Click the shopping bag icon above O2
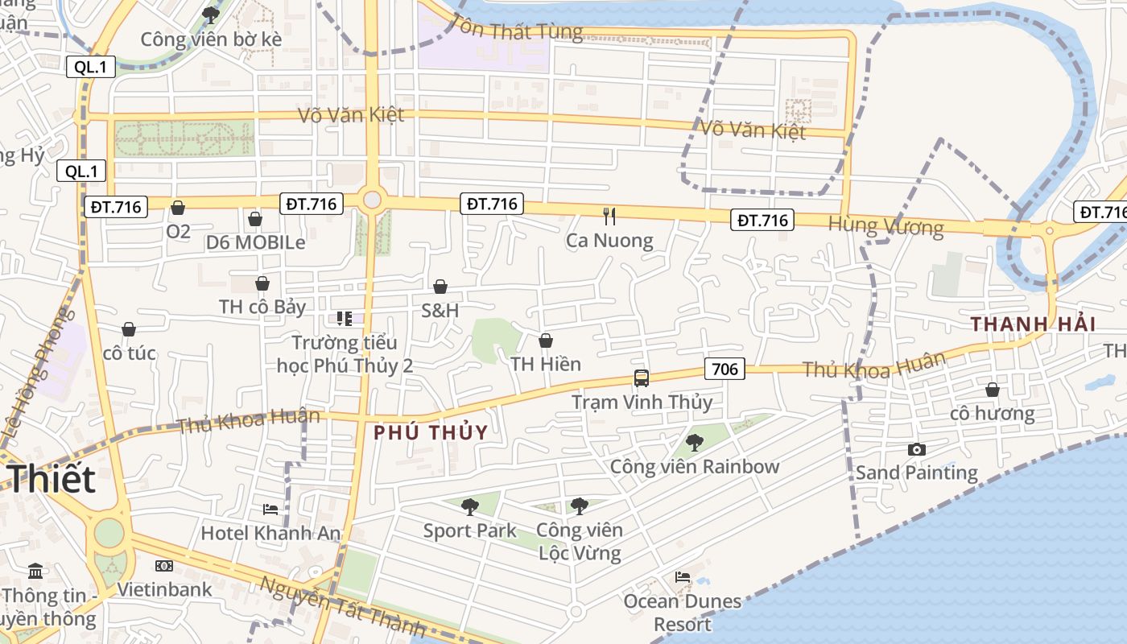(178, 208)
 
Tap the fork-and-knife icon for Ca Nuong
(609, 216)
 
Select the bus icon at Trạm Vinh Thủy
(642, 378)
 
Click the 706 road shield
(724, 369)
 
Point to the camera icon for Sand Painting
(916, 449)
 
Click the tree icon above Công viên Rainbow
(694, 442)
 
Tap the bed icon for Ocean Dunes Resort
(683, 576)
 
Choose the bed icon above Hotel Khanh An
(270, 509)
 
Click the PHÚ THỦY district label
(431, 432)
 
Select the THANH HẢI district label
(1033, 324)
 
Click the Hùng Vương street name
(885, 226)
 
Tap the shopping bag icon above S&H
(440, 287)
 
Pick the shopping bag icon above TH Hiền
(546, 341)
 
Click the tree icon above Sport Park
(469, 506)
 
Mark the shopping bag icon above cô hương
(992, 390)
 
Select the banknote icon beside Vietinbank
(164, 566)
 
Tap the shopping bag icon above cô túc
(129, 329)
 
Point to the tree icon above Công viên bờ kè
(211, 14)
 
